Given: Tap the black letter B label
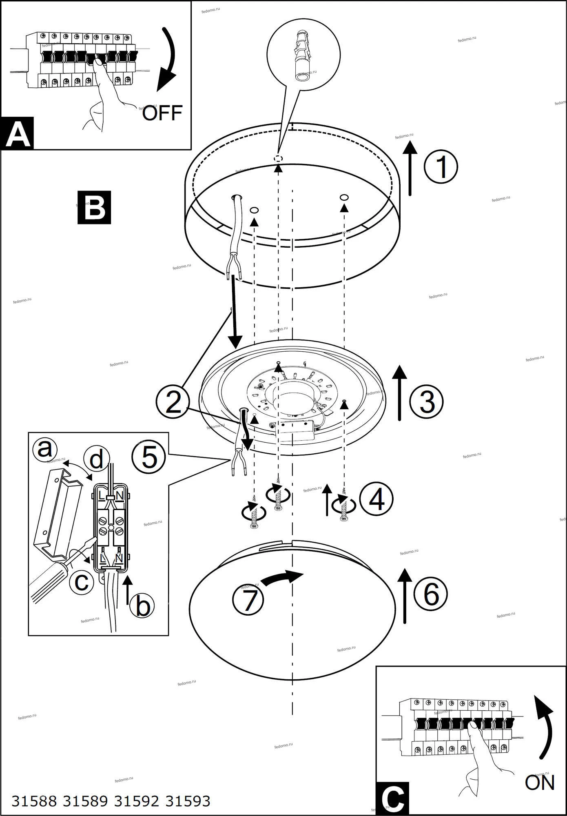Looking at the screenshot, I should (x=94, y=207).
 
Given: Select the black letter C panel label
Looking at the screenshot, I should (x=392, y=798).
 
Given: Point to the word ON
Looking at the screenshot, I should (x=539, y=782).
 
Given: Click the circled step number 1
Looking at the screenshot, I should (x=441, y=166).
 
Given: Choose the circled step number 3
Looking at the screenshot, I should (x=427, y=401).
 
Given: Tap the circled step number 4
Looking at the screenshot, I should (x=376, y=498).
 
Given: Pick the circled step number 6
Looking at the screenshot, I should (x=431, y=594).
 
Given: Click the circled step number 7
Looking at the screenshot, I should (x=248, y=600).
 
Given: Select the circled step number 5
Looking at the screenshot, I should (x=149, y=457).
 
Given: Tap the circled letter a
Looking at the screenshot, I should (x=44, y=450).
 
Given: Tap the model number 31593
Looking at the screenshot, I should (x=188, y=801).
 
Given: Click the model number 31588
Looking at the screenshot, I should (x=34, y=801).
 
